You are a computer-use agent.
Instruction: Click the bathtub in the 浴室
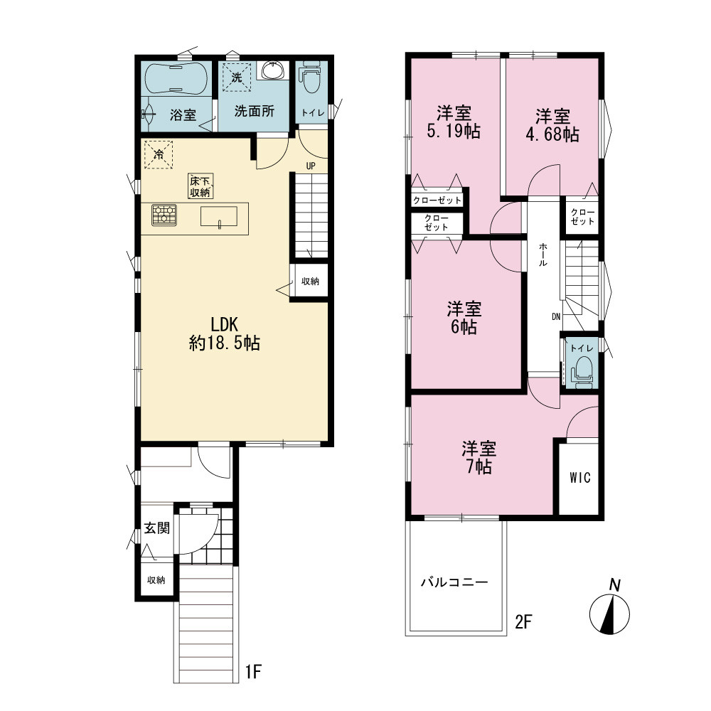(x=176, y=77)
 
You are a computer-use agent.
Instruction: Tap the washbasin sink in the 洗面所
(x=273, y=70)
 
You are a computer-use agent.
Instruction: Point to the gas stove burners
(x=164, y=215)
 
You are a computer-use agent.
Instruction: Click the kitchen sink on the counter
(x=218, y=216)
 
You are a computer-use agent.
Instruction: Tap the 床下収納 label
(x=201, y=186)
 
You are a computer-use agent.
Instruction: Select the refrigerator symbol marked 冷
(x=159, y=154)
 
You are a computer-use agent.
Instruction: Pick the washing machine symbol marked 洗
(x=237, y=77)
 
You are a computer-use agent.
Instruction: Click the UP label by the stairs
(x=311, y=166)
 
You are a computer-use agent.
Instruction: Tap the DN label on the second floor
(x=557, y=317)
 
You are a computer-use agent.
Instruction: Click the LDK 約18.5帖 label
(x=225, y=333)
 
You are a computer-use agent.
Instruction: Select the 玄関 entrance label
(x=157, y=528)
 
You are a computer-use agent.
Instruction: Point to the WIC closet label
(x=580, y=478)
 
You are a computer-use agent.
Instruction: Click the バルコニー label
(x=454, y=582)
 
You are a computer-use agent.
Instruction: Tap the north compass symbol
(x=610, y=609)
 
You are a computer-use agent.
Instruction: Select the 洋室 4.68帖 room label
(x=552, y=125)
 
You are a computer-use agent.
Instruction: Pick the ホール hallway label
(x=542, y=255)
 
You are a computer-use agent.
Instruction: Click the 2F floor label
(x=523, y=621)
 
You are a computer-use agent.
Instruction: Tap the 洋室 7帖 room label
(x=479, y=457)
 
